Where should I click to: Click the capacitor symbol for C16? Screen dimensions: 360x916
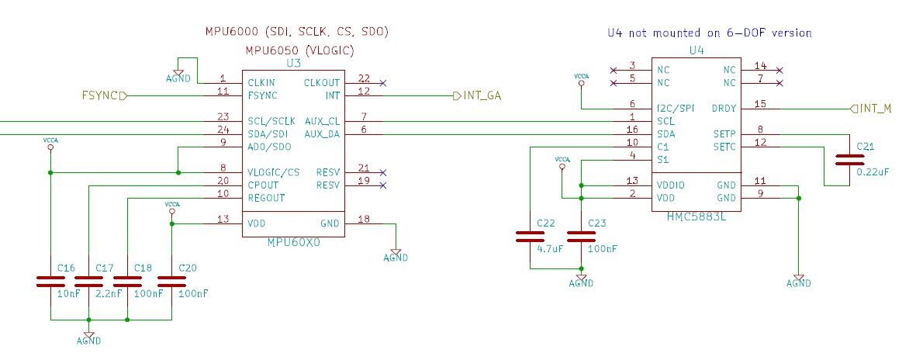click(x=50, y=281)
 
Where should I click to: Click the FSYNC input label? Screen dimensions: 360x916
click(x=99, y=96)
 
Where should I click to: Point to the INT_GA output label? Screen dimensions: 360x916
click(x=482, y=96)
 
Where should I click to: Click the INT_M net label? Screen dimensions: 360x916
click(x=875, y=108)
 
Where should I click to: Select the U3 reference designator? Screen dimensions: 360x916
click(x=293, y=63)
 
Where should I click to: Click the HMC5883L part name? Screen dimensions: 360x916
click(x=696, y=215)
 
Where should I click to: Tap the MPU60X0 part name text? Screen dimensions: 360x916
click(x=293, y=241)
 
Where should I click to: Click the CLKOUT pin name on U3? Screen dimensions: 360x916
click(x=321, y=82)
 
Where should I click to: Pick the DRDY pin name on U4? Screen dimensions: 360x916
click(x=724, y=108)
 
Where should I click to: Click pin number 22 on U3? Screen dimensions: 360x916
click(x=364, y=78)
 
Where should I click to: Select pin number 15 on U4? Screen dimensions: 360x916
click(x=760, y=104)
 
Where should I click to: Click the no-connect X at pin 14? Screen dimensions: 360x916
click(x=779, y=70)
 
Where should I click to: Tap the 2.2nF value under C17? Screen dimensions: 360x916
click(x=109, y=294)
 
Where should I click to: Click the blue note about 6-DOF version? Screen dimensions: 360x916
click(x=709, y=33)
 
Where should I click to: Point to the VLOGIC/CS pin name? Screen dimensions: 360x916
click(x=273, y=172)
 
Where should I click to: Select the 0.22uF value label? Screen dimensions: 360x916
click(x=872, y=172)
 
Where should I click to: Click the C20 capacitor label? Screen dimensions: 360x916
click(x=188, y=268)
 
